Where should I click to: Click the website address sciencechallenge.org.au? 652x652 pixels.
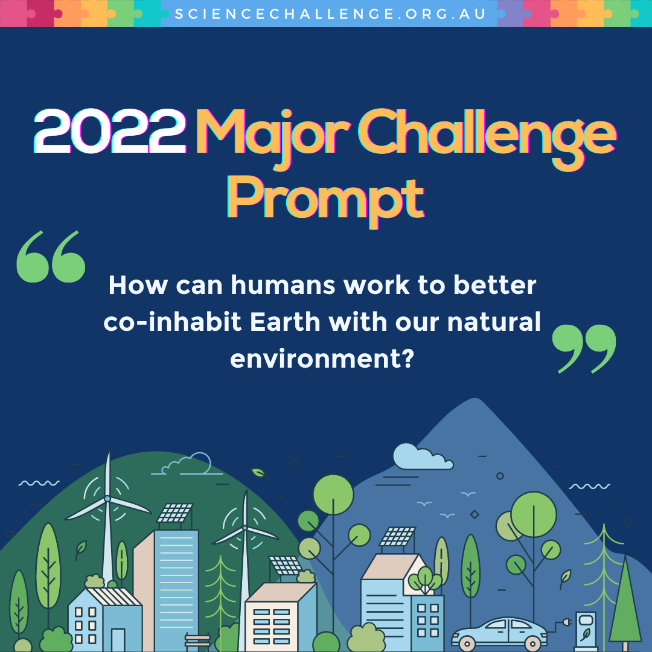pyautogui.click(x=330, y=14)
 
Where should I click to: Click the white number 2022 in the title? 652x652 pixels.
pyautogui.click(x=110, y=132)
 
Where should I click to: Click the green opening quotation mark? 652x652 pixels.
pyautogui.click(x=51, y=257)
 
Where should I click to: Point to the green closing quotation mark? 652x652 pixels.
pyautogui.click(x=584, y=349)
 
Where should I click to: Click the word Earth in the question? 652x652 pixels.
pyautogui.click(x=285, y=321)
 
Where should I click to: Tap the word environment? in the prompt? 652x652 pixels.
pyautogui.click(x=322, y=359)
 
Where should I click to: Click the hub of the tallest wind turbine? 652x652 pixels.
pyautogui.click(x=107, y=498)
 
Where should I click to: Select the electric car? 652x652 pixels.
pyautogui.click(x=499, y=634)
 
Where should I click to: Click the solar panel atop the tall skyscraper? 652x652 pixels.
pyautogui.click(x=175, y=513)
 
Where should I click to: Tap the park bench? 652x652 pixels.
pyautogui.click(x=197, y=641)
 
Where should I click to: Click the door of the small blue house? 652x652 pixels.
pyautogui.click(x=118, y=640)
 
